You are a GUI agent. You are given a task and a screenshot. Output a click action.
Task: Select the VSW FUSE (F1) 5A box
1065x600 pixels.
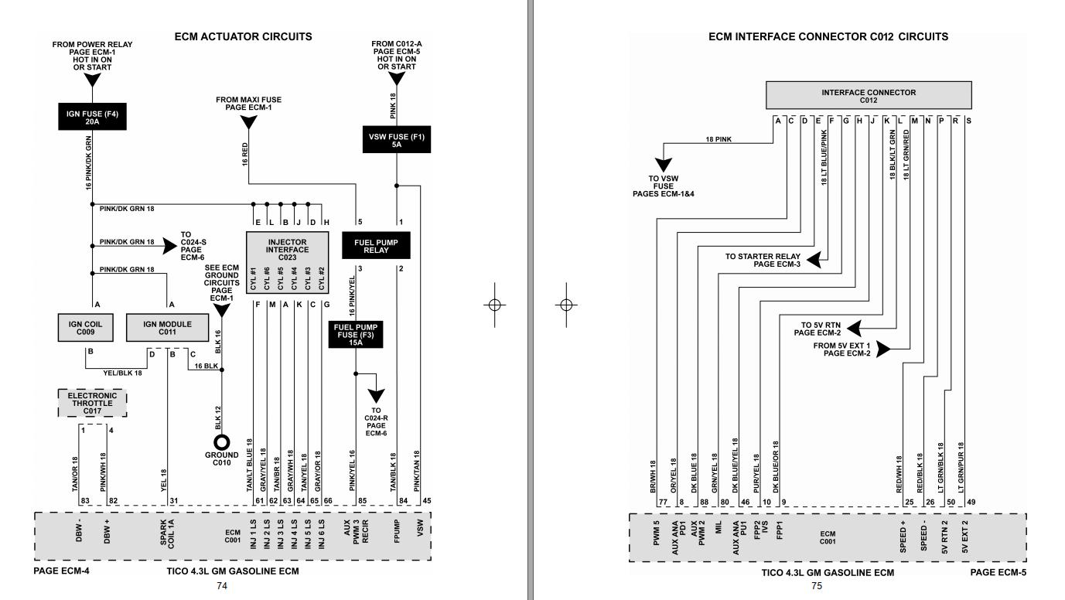tap(396, 139)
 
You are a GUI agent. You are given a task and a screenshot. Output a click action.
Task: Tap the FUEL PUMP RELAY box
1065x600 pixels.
tap(376, 246)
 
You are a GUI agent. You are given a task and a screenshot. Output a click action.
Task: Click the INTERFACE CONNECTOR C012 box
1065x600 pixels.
tap(868, 97)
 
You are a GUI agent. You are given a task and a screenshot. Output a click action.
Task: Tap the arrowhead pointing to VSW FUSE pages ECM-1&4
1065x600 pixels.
tap(662, 166)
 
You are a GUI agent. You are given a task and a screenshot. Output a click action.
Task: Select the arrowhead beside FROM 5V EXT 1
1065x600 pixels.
tap(884, 349)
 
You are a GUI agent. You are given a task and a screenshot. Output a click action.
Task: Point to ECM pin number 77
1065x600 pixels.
tap(663, 502)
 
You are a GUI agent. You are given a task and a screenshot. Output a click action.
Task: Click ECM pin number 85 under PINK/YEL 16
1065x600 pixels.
tap(361, 502)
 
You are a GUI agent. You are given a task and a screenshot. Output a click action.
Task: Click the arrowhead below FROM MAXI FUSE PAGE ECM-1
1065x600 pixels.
tap(248, 121)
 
